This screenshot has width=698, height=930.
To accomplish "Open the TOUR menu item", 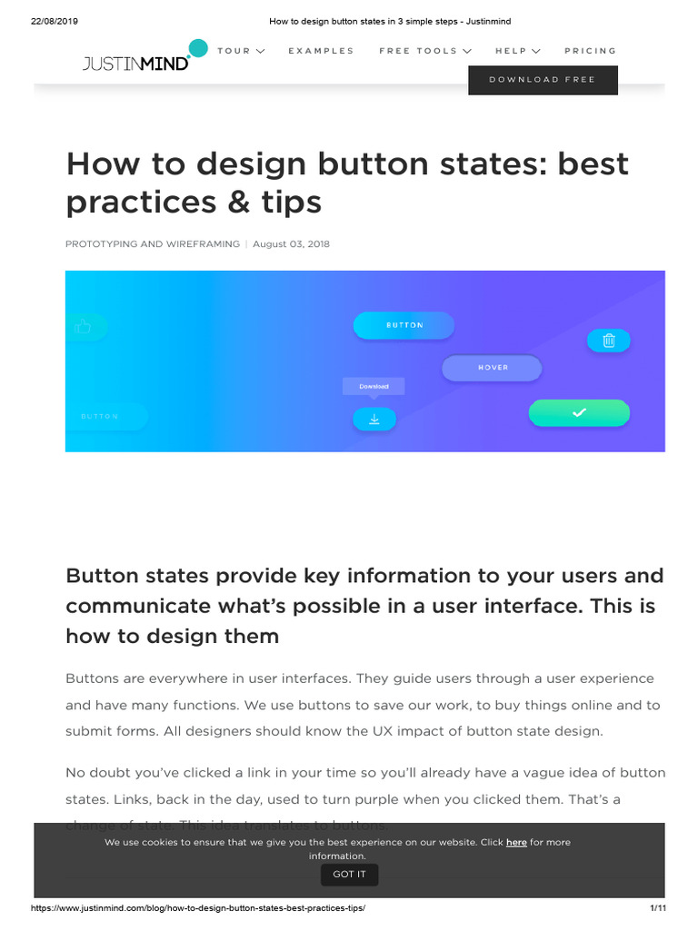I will tap(241, 51).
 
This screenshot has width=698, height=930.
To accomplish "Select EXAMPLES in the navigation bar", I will tap(321, 51).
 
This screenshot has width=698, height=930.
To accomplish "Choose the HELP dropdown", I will tap(517, 51).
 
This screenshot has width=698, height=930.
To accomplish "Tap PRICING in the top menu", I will tap(590, 51).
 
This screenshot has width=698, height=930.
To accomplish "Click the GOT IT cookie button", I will tap(349, 875).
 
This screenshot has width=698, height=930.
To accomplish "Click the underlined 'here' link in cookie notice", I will tap(516, 843).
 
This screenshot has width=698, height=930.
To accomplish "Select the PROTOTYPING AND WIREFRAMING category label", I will tap(153, 244).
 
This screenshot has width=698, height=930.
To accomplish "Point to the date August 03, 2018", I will tap(291, 244).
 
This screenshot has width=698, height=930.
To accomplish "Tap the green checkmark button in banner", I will tap(579, 413).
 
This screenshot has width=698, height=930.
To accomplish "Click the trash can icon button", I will tap(609, 341).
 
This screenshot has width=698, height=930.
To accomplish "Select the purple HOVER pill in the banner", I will tap(492, 368).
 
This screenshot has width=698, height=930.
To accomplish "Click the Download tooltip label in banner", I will tap(374, 386).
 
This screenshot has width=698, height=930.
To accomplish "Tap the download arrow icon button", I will tap(374, 419).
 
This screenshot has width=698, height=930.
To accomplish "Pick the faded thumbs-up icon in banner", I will tap(85, 326).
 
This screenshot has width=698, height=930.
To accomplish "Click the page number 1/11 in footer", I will tap(658, 908).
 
